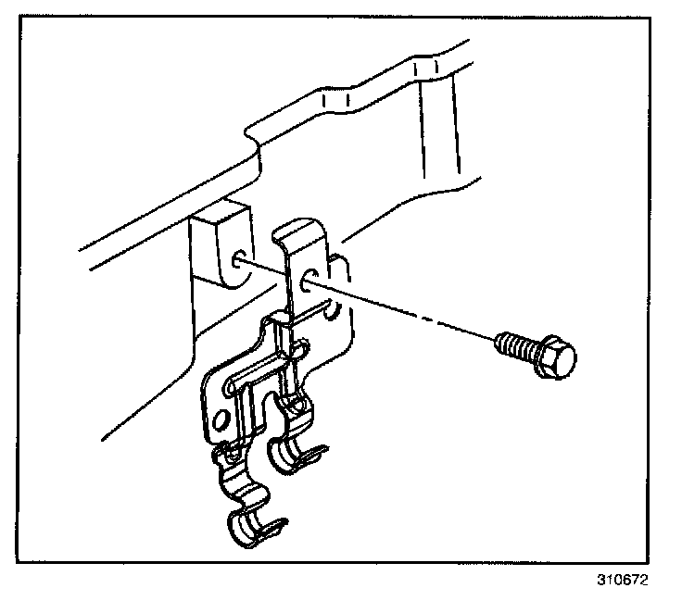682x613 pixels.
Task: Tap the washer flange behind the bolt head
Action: click(541, 353)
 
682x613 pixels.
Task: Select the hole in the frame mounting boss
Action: click(241, 260)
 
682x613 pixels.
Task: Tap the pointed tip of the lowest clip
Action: click(282, 525)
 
